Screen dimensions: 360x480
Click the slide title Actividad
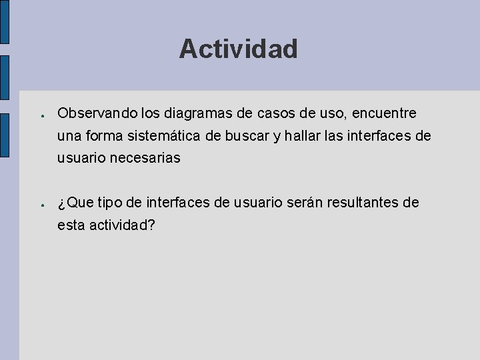click(x=238, y=49)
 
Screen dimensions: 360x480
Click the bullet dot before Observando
click(x=41, y=115)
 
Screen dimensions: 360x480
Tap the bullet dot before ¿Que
click(x=41, y=203)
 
